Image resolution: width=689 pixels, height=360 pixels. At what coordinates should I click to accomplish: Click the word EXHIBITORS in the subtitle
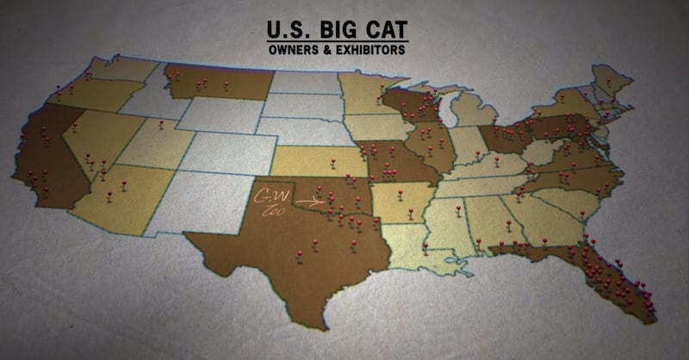tap(371, 50)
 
